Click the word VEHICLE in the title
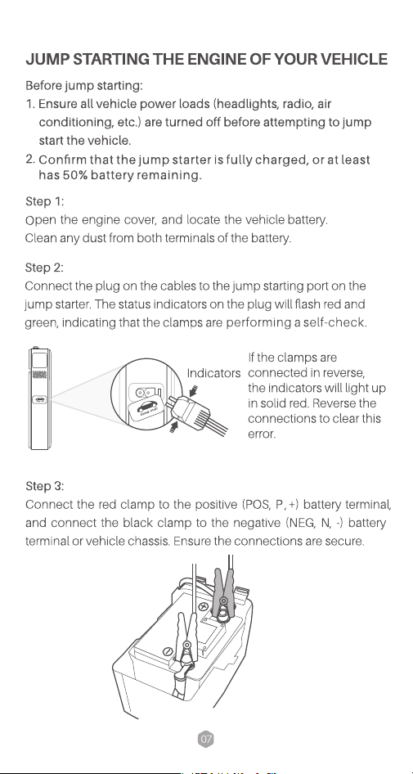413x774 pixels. click(354, 59)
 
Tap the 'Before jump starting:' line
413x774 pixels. click(84, 86)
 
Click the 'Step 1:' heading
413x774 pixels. click(44, 201)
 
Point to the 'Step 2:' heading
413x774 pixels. click(44, 268)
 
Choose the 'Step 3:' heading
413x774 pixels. click(44, 486)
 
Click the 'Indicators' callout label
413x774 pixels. click(213, 373)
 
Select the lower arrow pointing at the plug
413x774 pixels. click(173, 426)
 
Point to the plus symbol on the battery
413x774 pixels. click(203, 606)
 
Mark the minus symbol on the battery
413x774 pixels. click(168, 650)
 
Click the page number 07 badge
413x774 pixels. click(206, 739)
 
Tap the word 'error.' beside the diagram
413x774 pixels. click(262, 434)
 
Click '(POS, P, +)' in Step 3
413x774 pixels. click(271, 505)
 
